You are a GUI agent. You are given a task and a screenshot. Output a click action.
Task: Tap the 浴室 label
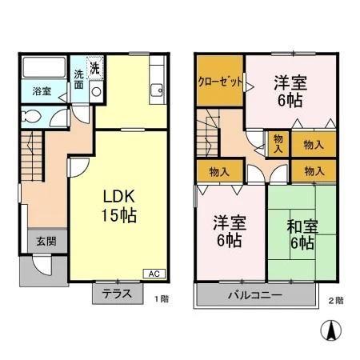click(x=42, y=91)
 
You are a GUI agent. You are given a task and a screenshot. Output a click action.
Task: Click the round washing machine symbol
click(x=96, y=91)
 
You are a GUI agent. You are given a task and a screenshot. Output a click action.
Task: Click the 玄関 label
click(x=46, y=240)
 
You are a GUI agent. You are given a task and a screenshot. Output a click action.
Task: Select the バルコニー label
click(x=254, y=295)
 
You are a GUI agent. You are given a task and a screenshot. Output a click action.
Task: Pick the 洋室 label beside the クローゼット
click(x=290, y=89)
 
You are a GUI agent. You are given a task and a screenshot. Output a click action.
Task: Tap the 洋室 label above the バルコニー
click(x=228, y=230)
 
